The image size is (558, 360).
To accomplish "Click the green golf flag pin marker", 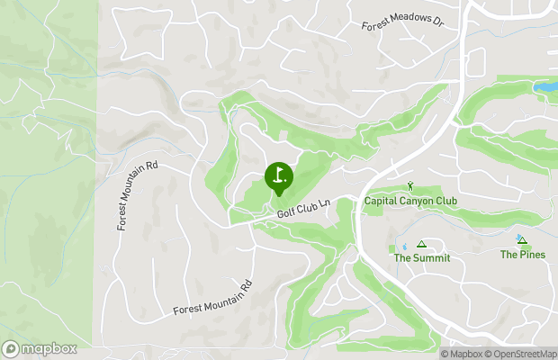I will point(277,176).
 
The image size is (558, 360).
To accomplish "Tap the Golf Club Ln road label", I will point(304,209).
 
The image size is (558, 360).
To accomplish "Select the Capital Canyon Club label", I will point(410,201).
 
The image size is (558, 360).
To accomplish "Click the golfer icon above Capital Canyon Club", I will point(410,186).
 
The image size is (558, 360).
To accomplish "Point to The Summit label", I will point(421,257).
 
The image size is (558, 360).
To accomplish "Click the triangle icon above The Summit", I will point(421,244).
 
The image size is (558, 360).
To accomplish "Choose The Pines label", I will point(522,255).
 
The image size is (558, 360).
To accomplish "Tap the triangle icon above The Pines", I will point(520,240).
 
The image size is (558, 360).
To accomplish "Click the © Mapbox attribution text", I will point(462,354).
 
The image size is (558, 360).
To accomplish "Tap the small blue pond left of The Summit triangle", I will point(404,245).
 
